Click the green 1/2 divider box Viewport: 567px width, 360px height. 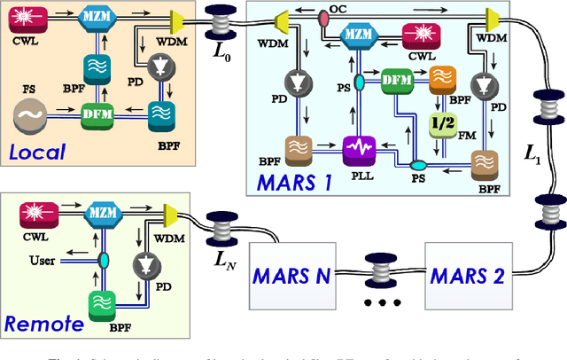click(439, 123)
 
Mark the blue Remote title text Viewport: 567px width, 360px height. click(44, 324)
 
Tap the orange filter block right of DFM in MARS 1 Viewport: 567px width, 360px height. click(442, 81)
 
